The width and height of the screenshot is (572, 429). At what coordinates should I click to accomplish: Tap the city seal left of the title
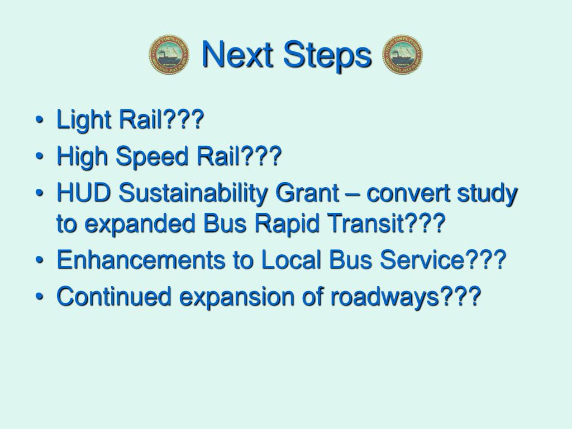coord(169,55)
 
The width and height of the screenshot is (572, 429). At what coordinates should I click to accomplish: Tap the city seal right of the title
coord(402,55)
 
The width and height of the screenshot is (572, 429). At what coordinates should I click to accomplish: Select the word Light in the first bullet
coord(81,121)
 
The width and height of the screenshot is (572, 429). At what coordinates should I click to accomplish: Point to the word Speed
coord(149,158)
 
